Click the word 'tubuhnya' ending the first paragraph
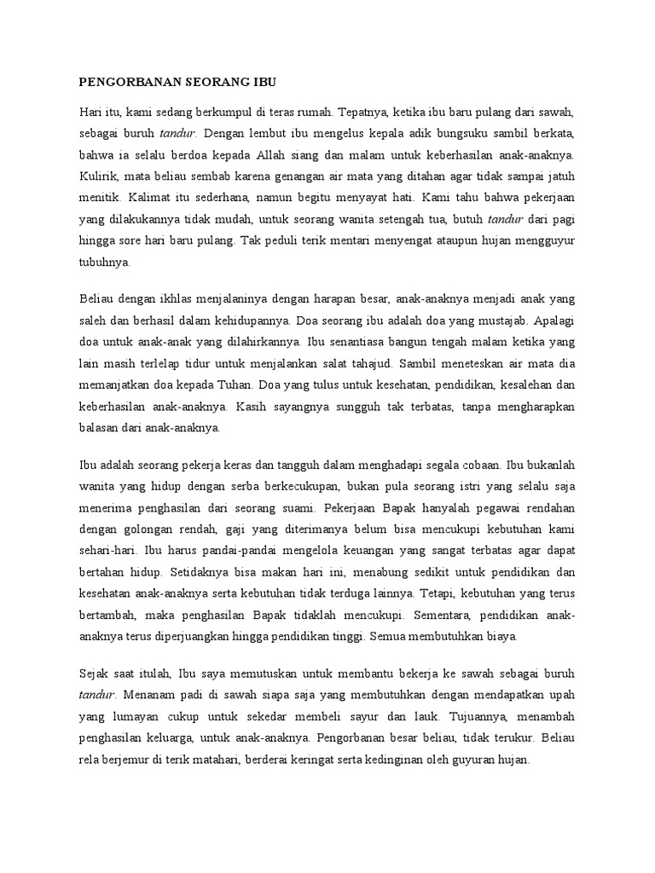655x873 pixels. (105, 264)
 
